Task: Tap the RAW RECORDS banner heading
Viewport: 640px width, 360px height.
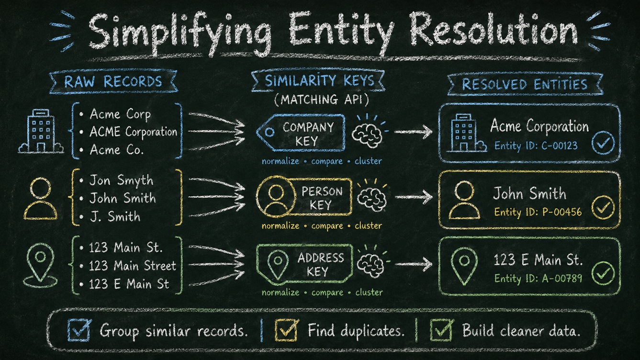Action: pos(113,81)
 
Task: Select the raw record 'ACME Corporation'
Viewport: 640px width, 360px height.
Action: pos(134,132)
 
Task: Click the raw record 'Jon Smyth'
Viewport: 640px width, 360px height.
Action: pos(122,180)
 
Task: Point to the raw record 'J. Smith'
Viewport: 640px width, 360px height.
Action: pos(115,216)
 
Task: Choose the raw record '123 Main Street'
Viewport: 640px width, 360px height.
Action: pos(133,266)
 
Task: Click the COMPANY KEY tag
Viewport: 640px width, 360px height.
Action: pos(301,133)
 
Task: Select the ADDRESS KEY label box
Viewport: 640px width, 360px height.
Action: pos(304,264)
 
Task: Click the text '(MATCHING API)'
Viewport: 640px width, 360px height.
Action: pos(321,100)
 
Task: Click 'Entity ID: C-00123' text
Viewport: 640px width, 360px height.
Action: pos(536,146)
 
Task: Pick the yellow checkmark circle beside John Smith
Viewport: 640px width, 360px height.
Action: pos(603,207)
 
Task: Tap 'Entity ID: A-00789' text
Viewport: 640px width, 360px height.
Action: pos(538,278)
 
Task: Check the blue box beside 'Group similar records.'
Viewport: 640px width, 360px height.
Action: pos(79,330)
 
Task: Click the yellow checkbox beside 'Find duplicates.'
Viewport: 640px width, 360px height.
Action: pos(286,330)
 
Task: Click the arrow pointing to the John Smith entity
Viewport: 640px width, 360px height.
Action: pos(414,197)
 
